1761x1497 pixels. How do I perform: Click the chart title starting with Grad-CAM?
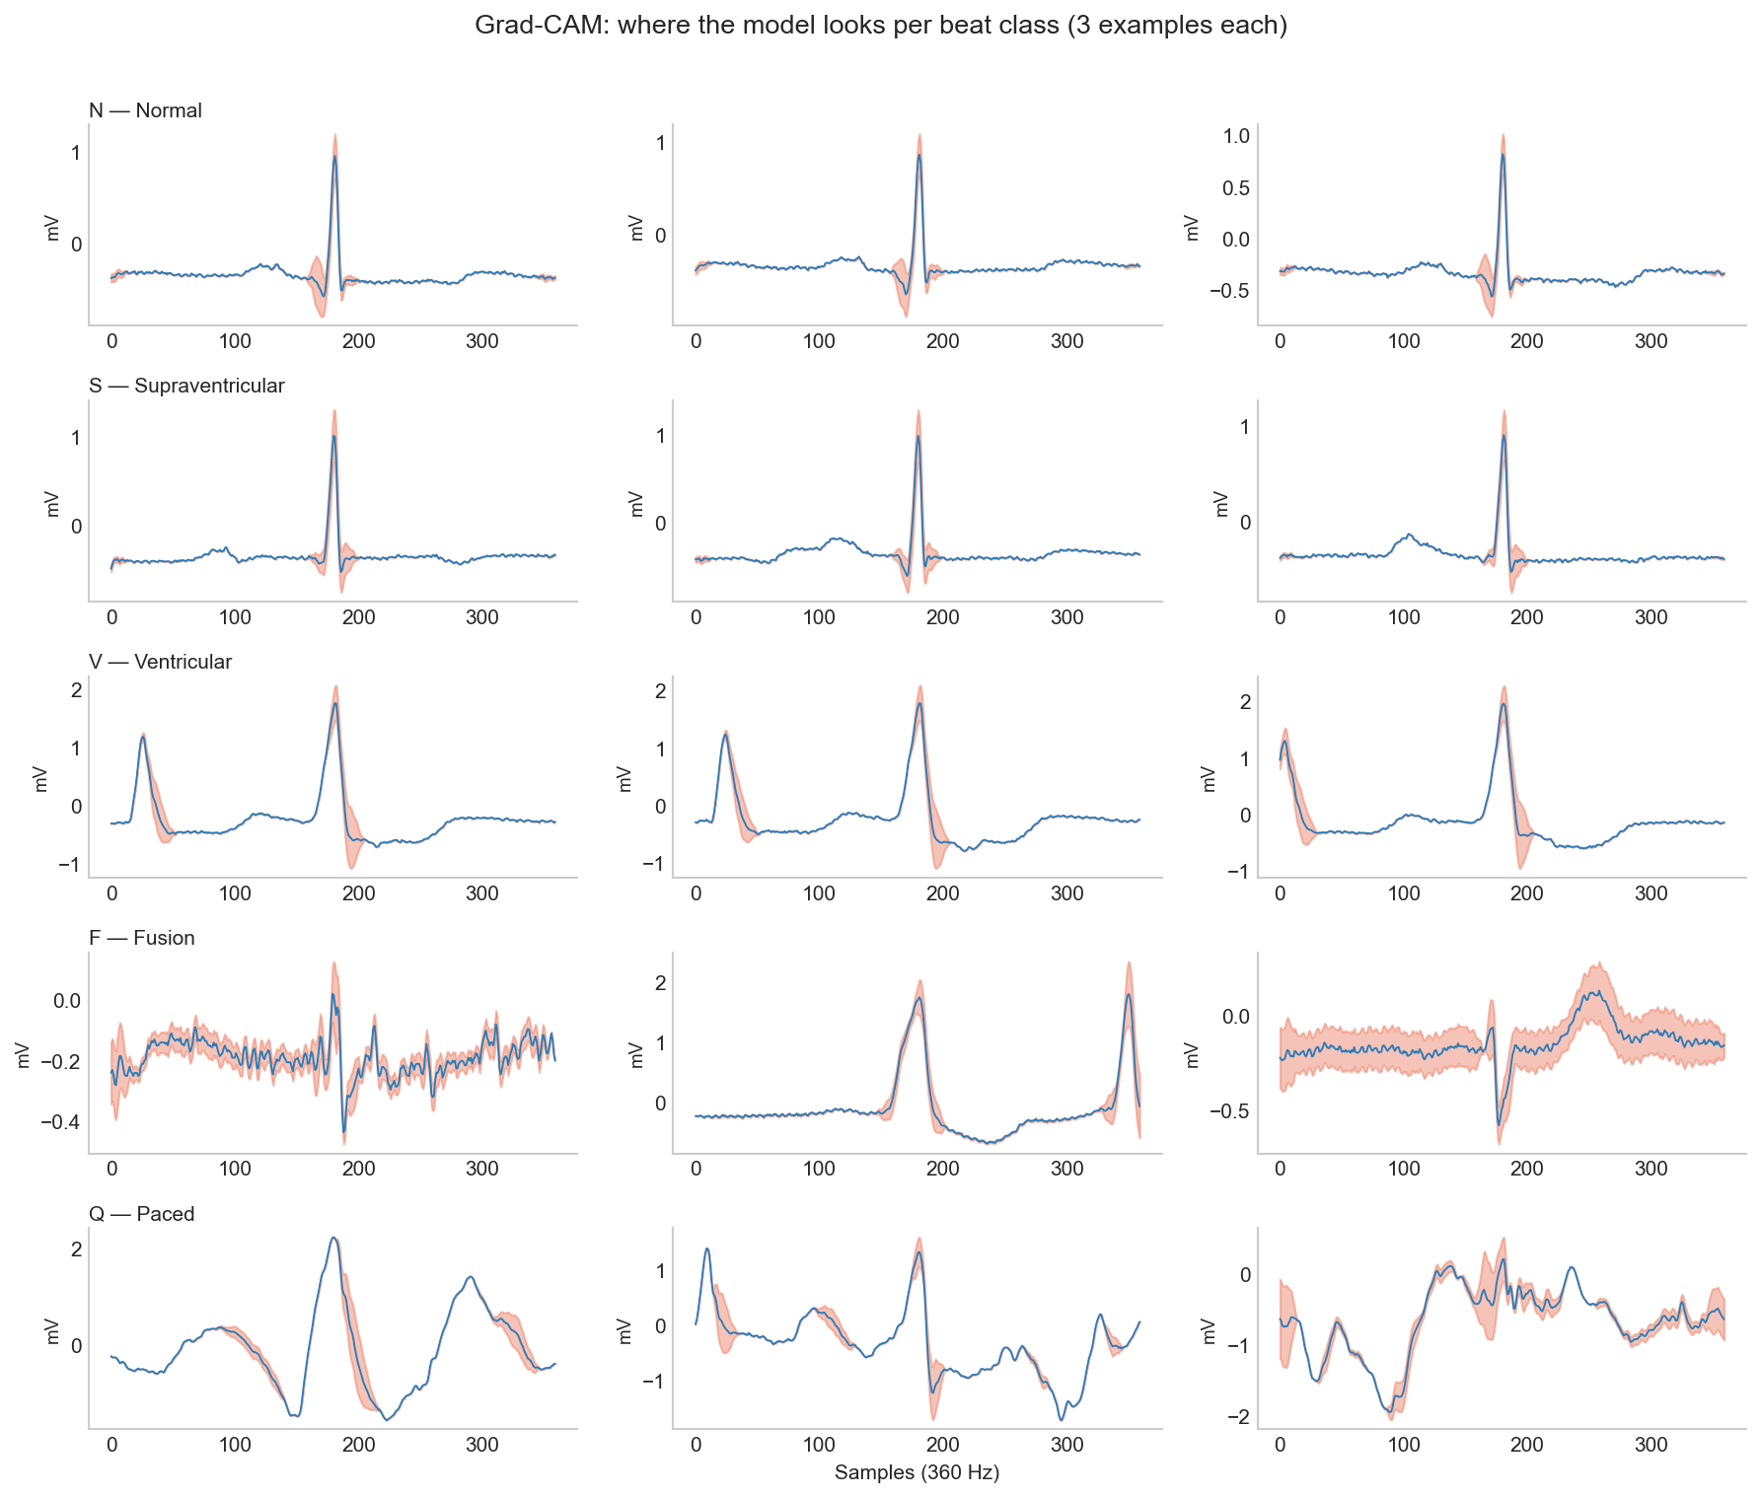pos(880,26)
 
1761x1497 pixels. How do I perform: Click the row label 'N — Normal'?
pos(145,110)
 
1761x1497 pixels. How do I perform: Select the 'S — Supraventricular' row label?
pos(186,386)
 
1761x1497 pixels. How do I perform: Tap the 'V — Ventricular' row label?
pos(160,662)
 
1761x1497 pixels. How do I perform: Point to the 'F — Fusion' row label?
pos(142,938)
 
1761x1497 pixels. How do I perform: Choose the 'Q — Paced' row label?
pos(142,1214)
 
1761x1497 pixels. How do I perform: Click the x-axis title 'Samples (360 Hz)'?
pos(917,1473)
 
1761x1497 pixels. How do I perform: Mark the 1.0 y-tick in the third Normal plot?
pos(1237,136)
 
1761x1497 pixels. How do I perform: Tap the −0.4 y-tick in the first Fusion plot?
pos(59,1122)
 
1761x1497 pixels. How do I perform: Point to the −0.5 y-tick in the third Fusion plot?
pos(1233,1110)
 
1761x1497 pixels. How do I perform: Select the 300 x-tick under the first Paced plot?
pos(482,1446)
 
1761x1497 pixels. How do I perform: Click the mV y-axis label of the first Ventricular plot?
pos(41,779)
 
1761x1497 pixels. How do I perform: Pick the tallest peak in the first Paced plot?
pos(333,1238)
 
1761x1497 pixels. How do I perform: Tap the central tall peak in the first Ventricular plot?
pos(335,703)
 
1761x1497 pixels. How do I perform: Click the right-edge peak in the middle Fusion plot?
pos(1128,994)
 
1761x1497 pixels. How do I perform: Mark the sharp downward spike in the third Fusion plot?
pos(1499,1124)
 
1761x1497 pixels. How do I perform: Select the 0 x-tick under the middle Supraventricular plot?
pos(696,617)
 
